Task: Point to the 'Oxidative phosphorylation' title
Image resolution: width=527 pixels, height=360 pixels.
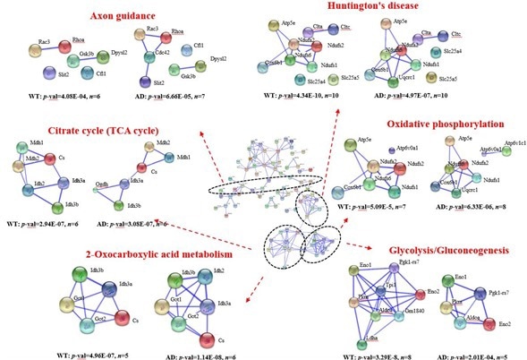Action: (443, 124)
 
